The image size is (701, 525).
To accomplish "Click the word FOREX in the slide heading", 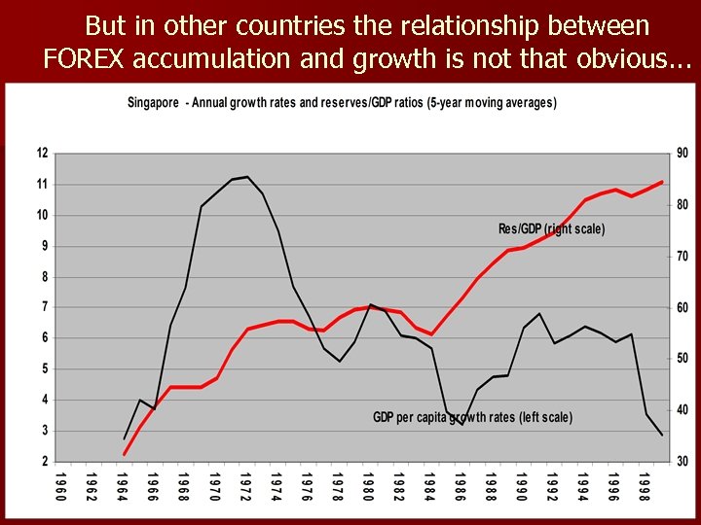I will coord(84,58).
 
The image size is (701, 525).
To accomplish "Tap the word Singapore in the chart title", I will coord(153,103).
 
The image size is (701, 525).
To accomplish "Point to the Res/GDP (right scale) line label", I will coord(551,229).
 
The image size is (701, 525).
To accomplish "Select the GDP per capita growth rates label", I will coord(472,417).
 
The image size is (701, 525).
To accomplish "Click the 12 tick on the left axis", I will coord(42,153).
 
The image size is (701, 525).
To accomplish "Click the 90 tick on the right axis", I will coord(682,153).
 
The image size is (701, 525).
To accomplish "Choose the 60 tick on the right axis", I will coord(682,307).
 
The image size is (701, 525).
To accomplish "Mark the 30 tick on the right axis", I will coord(682,462).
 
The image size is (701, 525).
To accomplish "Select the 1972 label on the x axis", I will coord(247,486).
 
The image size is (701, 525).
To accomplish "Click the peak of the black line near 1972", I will coord(247,177).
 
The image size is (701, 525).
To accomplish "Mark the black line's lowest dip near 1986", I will coord(462,425).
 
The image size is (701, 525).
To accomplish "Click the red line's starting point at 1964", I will coord(125,454).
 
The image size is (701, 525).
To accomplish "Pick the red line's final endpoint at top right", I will coord(662,182).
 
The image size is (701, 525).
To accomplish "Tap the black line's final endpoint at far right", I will coord(662,435).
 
